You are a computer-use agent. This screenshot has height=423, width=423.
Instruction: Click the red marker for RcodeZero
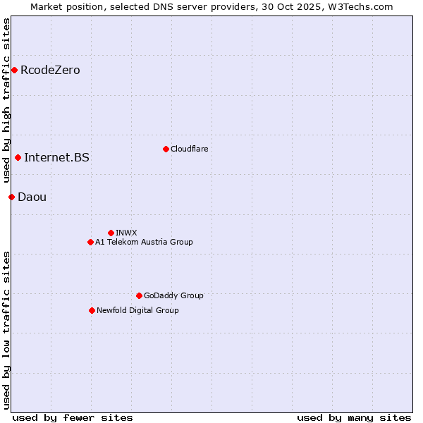14,70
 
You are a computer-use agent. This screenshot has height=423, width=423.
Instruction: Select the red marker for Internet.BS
18,157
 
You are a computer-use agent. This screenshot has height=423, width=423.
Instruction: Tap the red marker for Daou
11,197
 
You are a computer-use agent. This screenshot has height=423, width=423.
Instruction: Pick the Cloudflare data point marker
166,149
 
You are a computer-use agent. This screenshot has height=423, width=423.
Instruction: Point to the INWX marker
111,233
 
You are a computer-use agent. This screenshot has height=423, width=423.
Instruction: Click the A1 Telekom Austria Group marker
90,242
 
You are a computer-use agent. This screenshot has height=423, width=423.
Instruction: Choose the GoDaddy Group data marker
139,295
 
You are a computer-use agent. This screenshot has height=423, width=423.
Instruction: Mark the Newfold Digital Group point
92,310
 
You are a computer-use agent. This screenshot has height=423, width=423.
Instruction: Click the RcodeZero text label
50,70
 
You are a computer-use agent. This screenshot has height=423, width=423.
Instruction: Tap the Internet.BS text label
56,157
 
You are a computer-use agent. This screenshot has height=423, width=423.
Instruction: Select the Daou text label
32,197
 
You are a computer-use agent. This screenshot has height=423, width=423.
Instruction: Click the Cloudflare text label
189,149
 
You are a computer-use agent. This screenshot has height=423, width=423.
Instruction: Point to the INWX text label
126,233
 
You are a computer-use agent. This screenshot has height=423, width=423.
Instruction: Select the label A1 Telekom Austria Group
144,242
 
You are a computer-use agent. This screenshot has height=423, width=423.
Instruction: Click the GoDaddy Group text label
173,295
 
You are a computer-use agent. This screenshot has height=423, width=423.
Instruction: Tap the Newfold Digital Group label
137,310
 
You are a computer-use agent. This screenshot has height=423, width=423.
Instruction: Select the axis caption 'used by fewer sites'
73,417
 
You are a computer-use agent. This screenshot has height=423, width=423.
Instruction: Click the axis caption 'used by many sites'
354,417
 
